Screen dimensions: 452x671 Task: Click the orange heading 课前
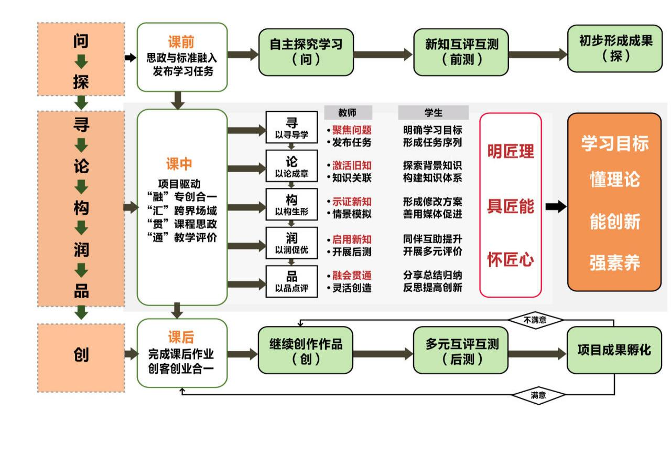point(181,42)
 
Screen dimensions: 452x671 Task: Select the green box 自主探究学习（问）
point(306,51)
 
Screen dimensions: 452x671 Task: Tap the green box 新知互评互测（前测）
point(461,51)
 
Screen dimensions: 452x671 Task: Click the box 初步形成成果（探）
point(615,48)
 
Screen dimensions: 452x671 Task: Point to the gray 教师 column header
point(348,112)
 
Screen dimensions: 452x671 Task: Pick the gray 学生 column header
point(433,112)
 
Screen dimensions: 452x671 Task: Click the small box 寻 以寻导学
point(291,128)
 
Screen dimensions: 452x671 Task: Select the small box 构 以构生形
point(291,204)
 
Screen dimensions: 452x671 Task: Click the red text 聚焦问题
point(352,130)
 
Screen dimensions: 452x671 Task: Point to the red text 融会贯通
point(352,275)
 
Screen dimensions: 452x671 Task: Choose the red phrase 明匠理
point(511,152)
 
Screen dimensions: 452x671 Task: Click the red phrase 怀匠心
point(511,259)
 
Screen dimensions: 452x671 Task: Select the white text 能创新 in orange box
point(614,222)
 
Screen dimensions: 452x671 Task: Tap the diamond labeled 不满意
point(535,320)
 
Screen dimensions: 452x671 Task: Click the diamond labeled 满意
point(538,395)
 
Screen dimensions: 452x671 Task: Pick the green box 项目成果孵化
point(614,350)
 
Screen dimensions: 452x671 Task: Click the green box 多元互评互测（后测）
point(461,351)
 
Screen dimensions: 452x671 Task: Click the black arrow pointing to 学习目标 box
point(556,206)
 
